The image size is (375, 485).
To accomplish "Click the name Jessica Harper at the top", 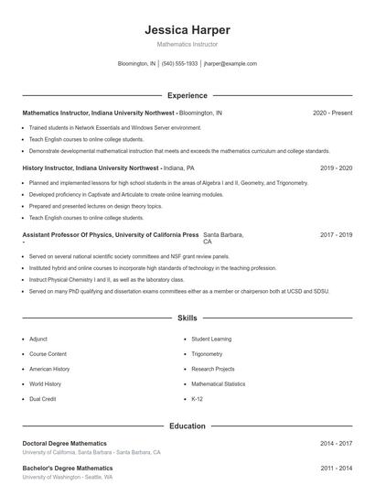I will [x=187, y=30].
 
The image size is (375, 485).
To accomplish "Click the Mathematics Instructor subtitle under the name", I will [x=187, y=44].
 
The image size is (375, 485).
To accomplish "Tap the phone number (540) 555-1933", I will [x=179, y=64].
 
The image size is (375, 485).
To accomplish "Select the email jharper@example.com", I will [x=230, y=64].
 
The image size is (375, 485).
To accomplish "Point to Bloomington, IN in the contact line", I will [x=137, y=64].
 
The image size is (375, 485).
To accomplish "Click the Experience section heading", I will [x=187, y=95].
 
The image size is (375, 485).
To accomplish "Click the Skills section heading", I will [x=187, y=318].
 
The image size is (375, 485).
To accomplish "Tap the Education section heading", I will [x=187, y=426].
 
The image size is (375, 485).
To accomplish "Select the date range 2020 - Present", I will [x=332, y=113].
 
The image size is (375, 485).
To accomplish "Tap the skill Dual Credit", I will [x=43, y=399].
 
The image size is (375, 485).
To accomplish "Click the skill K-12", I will [x=197, y=399].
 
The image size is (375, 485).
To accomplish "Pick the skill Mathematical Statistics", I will [x=218, y=384].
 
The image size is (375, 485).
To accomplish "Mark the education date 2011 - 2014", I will [x=337, y=468].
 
